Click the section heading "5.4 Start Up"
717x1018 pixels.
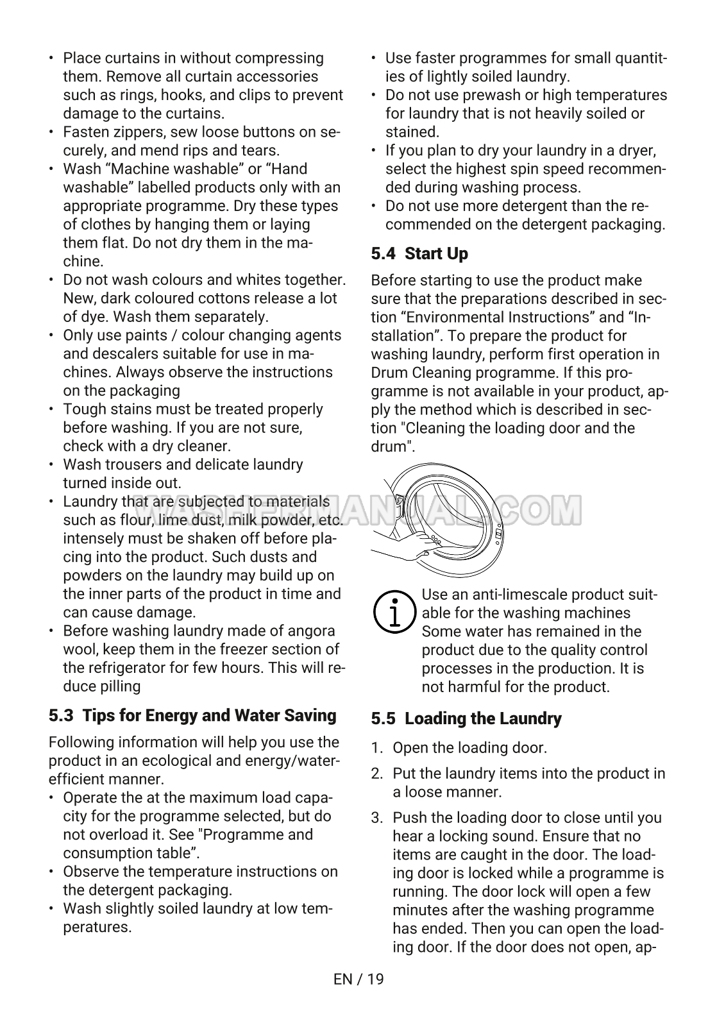click(419, 254)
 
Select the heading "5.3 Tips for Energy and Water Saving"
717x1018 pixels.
click(192, 715)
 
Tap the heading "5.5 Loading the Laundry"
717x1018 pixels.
click(466, 718)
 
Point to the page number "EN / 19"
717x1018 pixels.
click(358, 979)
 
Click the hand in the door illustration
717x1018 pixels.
click(401, 545)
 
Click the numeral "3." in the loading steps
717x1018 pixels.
click(377, 818)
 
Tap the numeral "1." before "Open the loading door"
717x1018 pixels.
click(377, 748)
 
